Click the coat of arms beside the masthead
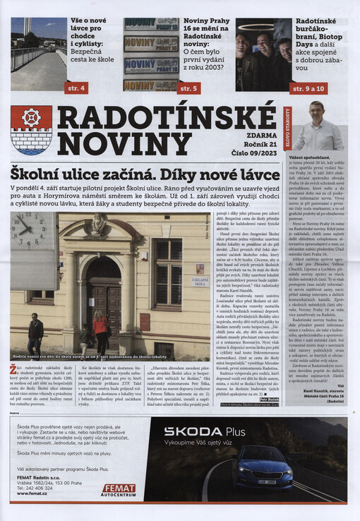pyautogui.click(x=30, y=129)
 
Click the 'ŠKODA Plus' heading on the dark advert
pyautogui.click(x=204, y=431)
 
